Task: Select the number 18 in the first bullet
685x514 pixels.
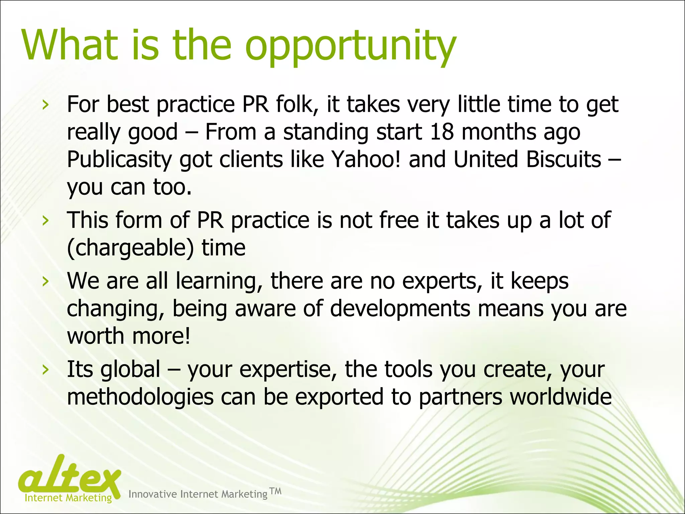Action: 442,132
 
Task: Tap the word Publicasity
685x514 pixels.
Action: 119,160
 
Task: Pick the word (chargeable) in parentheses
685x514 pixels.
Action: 130,248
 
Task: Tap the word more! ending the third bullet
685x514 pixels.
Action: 161,336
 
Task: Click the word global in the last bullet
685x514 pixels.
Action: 130,369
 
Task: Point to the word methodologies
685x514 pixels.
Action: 140,397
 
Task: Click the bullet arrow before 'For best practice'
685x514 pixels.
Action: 45,105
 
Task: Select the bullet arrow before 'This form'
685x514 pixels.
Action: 45,221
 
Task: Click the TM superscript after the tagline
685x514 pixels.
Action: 275,491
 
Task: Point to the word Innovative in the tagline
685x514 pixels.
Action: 153,494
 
